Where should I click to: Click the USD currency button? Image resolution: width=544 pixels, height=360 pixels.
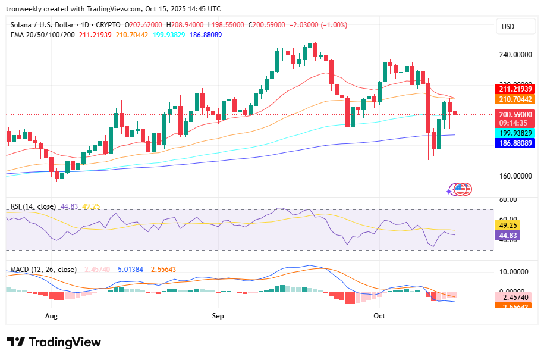[x=508, y=27]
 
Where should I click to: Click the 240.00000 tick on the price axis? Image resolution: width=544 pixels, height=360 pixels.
[x=514, y=55]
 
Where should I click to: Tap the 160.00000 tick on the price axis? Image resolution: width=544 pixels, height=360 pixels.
[x=514, y=176]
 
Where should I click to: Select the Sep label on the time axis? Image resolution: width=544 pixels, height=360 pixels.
[x=218, y=316]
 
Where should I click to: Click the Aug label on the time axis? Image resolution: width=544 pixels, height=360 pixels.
[x=51, y=316]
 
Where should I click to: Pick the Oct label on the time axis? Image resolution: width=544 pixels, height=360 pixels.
[x=379, y=316]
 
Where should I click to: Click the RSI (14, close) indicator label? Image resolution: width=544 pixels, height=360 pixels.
[x=33, y=206]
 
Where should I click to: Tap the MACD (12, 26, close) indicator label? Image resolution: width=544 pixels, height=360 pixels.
[x=42, y=270]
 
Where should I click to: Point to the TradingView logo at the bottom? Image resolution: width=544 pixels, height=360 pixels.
[x=54, y=342]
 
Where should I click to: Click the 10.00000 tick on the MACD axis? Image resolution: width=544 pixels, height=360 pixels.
[x=512, y=272]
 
